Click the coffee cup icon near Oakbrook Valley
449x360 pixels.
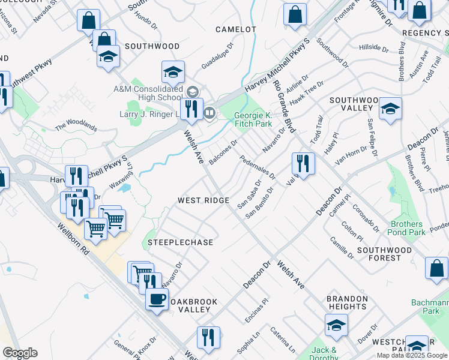point(157,298)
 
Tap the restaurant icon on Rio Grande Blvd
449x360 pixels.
point(303,163)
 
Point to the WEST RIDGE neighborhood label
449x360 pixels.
point(203,200)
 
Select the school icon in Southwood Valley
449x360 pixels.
point(390,109)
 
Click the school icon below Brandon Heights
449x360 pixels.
point(336,326)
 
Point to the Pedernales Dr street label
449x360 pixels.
point(258,168)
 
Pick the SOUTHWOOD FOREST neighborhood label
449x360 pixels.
point(384,254)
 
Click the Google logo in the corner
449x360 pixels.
point(20,353)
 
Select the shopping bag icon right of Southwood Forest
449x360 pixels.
point(436,268)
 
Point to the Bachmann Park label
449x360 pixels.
point(429,307)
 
